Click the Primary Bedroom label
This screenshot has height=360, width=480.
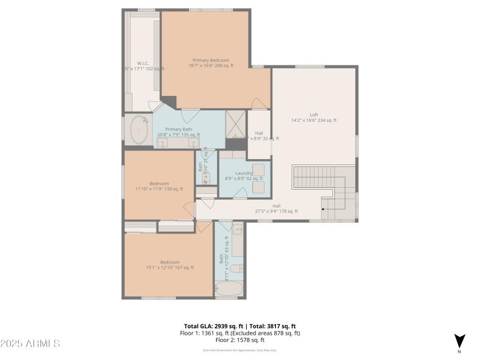(211, 60)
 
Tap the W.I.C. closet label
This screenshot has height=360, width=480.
(143, 63)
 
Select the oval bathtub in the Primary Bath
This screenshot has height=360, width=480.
(140, 130)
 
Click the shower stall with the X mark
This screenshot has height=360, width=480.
(236, 125)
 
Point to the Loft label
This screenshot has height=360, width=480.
(314, 115)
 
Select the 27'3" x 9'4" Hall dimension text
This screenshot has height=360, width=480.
(276, 211)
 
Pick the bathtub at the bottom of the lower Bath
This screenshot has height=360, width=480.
(229, 290)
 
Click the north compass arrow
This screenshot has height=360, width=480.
(460, 340)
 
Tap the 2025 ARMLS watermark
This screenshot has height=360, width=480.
(30, 343)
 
